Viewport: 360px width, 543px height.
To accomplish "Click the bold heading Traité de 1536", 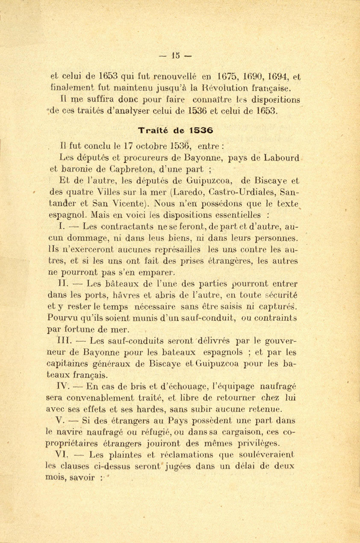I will point(176,129).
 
